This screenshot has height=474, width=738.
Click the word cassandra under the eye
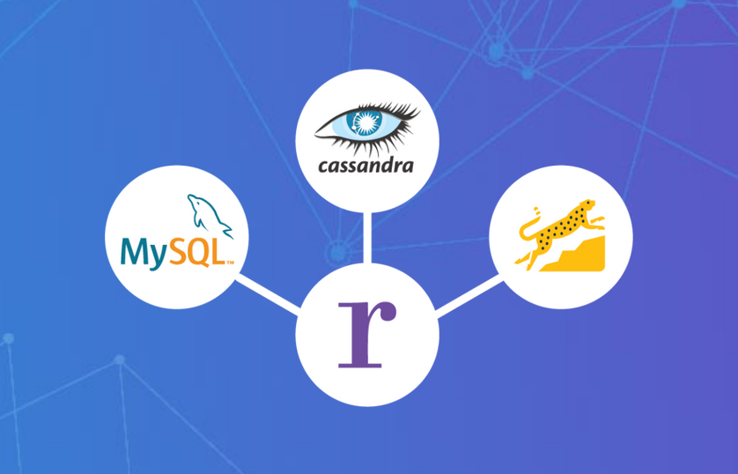point(365,166)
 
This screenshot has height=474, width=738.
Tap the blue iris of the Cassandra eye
point(363,122)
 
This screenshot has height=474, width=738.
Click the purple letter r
point(367,335)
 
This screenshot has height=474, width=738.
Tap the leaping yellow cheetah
point(560,230)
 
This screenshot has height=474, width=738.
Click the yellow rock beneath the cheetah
point(575,256)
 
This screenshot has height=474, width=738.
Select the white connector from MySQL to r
point(268,294)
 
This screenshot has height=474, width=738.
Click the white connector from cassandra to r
point(367,238)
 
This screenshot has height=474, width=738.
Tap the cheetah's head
point(587,205)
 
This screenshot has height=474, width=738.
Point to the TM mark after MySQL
point(230,263)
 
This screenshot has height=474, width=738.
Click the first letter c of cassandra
point(325,167)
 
